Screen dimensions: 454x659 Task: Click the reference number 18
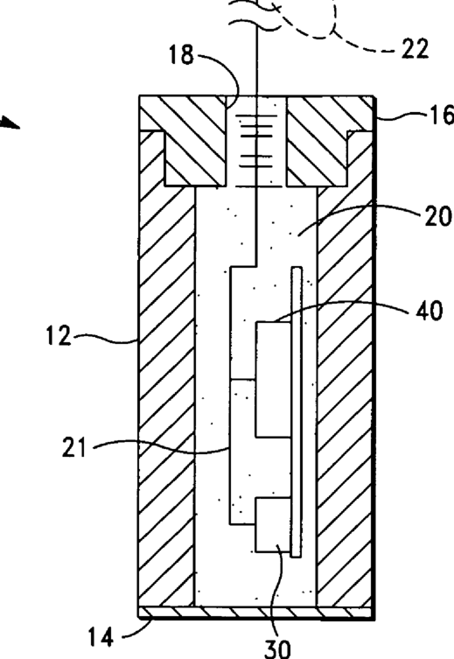181,54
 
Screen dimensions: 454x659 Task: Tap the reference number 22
415,48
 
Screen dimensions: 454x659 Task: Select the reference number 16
441,116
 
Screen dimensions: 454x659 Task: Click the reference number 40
429,311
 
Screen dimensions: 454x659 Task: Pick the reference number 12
59,336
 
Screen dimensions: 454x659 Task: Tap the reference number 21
73,447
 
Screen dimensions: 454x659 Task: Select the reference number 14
101,637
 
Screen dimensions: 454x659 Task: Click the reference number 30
277,648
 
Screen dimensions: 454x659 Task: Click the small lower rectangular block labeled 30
273,525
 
